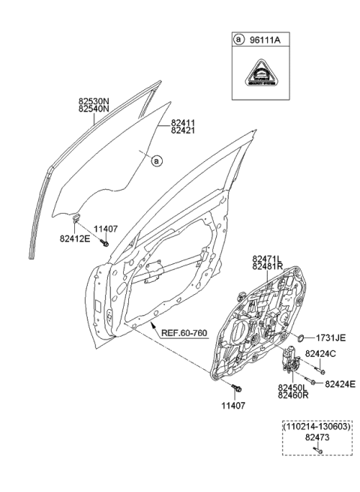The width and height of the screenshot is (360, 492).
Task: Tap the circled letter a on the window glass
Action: (156, 159)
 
